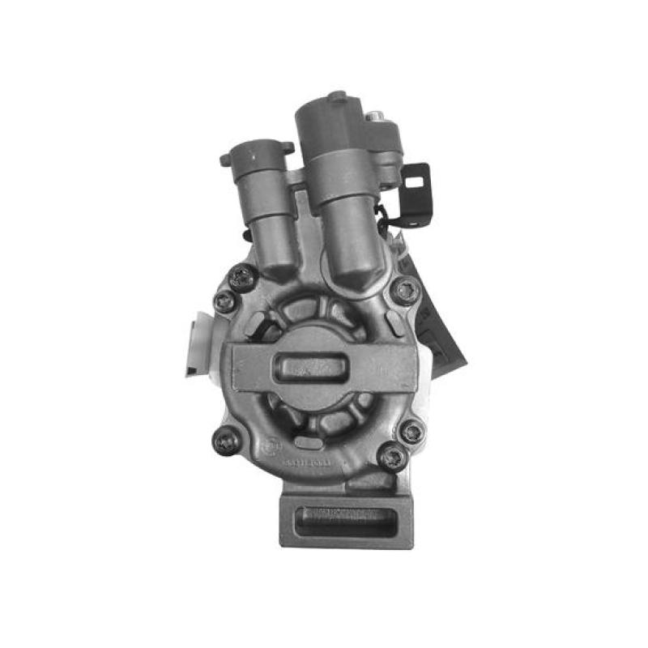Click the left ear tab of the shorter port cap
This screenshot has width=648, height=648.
226,160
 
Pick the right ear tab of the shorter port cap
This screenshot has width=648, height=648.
287,147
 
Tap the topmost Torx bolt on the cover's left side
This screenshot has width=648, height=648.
241,277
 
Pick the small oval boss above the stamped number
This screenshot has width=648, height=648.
305,443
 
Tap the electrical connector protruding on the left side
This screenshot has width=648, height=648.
195,344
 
